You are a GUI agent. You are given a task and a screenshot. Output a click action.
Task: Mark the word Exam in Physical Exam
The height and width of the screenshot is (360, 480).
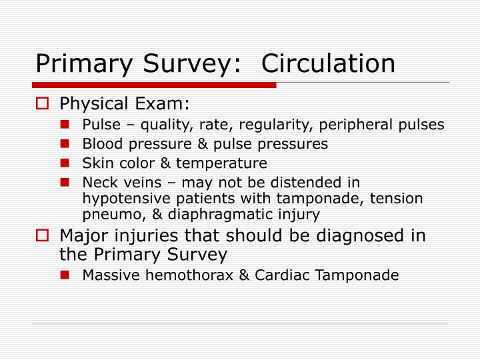[167, 104]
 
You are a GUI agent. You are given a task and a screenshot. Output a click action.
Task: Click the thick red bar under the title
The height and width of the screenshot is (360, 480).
[154, 85]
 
